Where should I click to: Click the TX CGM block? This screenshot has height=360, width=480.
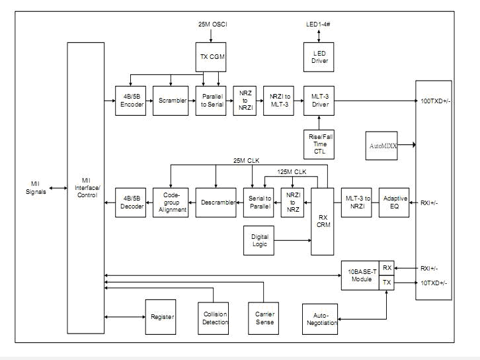[212, 56]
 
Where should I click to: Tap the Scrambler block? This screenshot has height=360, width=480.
[171, 100]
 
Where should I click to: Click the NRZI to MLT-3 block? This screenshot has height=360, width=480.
[278, 100]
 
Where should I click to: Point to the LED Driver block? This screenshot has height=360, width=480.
[319, 57]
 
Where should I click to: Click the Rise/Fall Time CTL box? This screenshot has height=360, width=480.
[319, 143]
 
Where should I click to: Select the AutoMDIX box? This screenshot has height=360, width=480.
[381, 143]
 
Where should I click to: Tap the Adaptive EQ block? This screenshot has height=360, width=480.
[393, 202]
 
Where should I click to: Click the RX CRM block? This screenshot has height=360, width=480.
[324, 221]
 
